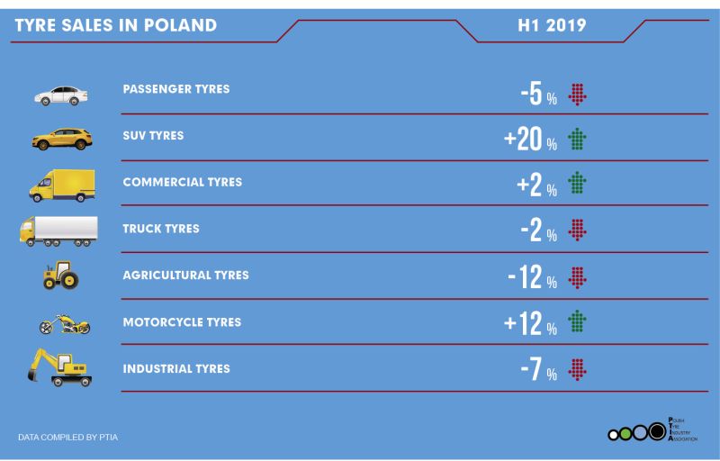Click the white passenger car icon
[x=61, y=95]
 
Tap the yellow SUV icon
[x=62, y=140]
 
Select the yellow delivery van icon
[x=62, y=185]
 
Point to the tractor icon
[x=60, y=275]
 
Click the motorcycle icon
[x=65, y=324]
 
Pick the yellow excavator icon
[x=59, y=367]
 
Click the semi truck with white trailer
[x=58, y=231]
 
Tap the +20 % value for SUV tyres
[x=530, y=140]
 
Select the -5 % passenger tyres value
[x=538, y=94]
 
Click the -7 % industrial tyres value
[x=538, y=368]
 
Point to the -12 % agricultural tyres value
[x=533, y=277]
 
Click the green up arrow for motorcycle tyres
[x=577, y=321]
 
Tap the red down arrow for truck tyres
[x=577, y=230]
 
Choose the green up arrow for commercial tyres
[x=577, y=183]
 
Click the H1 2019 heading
[x=552, y=25]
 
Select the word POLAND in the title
[x=180, y=25]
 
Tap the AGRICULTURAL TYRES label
[x=186, y=275]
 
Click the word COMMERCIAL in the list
[x=163, y=182]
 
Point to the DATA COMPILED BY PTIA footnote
[x=68, y=437]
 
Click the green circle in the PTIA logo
[x=625, y=433]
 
